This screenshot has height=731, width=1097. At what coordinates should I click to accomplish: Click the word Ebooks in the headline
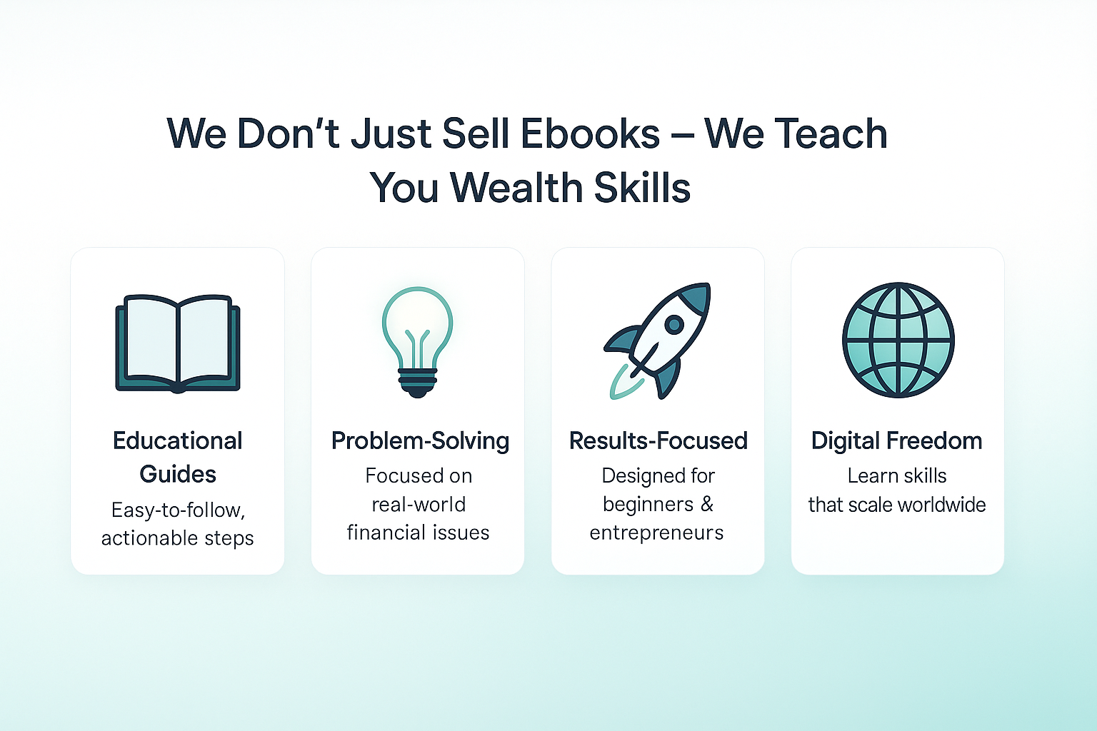coord(590,133)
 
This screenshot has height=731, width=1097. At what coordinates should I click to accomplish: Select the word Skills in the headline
coord(642,188)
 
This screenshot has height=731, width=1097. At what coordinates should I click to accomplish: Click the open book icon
coord(178,343)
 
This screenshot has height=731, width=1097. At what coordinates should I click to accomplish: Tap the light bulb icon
coord(417,342)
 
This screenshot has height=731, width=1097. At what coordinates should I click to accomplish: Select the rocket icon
coord(657,341)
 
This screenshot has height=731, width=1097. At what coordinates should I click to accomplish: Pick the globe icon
coord(898,340)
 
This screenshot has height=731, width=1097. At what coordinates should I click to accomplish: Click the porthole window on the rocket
coord(674,323)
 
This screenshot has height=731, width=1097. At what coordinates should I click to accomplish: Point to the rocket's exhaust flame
coord(624,383)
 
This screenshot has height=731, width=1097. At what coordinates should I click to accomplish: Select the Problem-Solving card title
coord(420,440)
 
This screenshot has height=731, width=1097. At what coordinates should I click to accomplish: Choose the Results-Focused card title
coord(658,440)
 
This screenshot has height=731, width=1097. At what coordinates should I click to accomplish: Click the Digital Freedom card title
coord(897,440)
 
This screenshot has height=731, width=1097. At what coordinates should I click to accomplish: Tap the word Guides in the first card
coord(178,474)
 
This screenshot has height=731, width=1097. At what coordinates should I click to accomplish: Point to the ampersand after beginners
coord(706,504)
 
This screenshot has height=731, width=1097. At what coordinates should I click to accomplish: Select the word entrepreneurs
coord(656,533)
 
